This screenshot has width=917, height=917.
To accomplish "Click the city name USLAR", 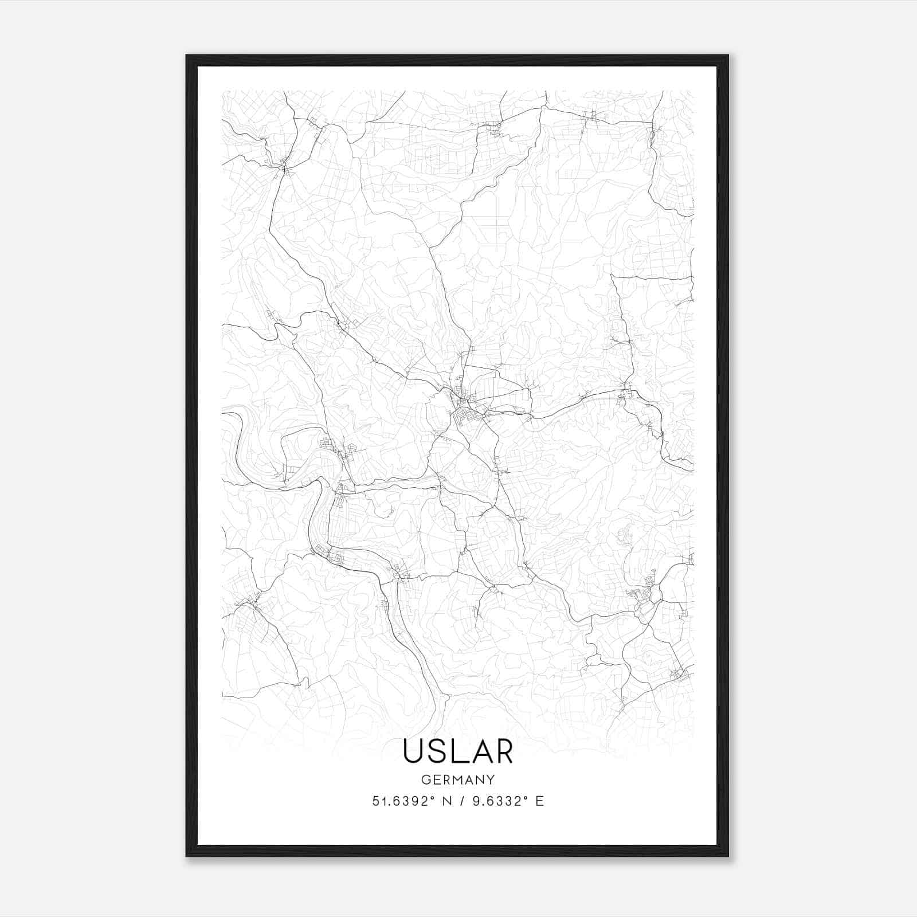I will (x=458, y=751).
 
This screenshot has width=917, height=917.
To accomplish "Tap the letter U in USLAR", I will (x=414, y=751).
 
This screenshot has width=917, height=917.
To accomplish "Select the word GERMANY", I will (x=458, y=779).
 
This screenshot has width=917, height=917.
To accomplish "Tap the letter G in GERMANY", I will (x=425, y=779).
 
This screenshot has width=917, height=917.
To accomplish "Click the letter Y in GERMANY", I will (x=491, y=779).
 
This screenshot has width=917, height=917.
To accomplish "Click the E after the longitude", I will (x=539, y=801).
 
